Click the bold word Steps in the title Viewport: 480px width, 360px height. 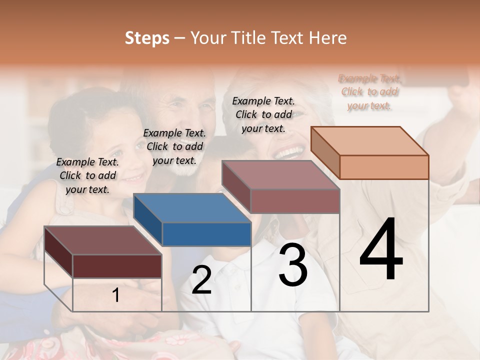pos(147,38)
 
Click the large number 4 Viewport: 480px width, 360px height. pos(381,249)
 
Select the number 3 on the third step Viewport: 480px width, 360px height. pos(293,265)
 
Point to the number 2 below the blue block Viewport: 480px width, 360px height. pos(201,280)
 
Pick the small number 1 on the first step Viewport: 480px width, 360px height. pos(116,295)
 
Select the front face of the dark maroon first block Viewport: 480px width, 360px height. pos(117,266)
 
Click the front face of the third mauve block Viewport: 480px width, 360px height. pos(295,201)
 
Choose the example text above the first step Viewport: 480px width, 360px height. pos(87,175)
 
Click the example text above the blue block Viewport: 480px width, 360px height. pos(174,146)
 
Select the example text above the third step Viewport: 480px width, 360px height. pos(263,114)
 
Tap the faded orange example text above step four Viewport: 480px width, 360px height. pos(369,92)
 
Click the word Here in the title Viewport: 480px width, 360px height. pos(328,38)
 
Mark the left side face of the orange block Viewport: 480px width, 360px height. pos(325,152)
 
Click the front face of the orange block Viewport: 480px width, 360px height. pos(384,167)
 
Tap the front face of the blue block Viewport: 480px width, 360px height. pos(206,234)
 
